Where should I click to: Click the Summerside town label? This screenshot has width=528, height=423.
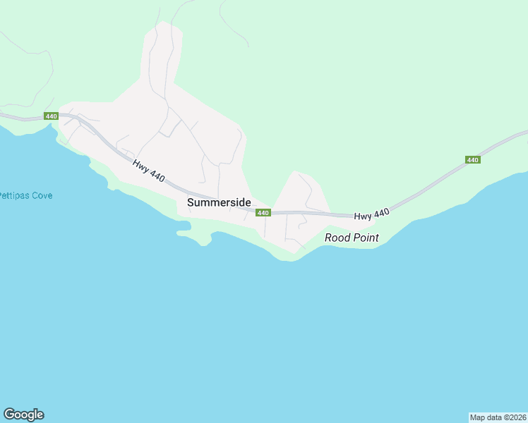(219, 202)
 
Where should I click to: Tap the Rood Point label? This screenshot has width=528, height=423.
(352, 238)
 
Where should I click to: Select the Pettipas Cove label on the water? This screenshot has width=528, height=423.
(25, 195)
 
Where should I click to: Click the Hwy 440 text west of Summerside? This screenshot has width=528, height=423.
(148, 171)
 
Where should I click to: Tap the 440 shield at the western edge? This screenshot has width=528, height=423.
(50, 116)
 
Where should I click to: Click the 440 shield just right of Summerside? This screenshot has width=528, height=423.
(263, 213)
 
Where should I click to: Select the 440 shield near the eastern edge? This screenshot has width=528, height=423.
(473, 160)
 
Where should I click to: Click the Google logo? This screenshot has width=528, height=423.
(23, 415)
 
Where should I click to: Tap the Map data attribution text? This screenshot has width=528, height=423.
(498, 417)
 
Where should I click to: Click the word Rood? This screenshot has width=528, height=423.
(337, 238)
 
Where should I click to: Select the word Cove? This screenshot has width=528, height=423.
(42, 195)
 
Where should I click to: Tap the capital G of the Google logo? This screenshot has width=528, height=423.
(9, 415)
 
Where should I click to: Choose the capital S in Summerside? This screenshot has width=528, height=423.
(191, 202)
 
